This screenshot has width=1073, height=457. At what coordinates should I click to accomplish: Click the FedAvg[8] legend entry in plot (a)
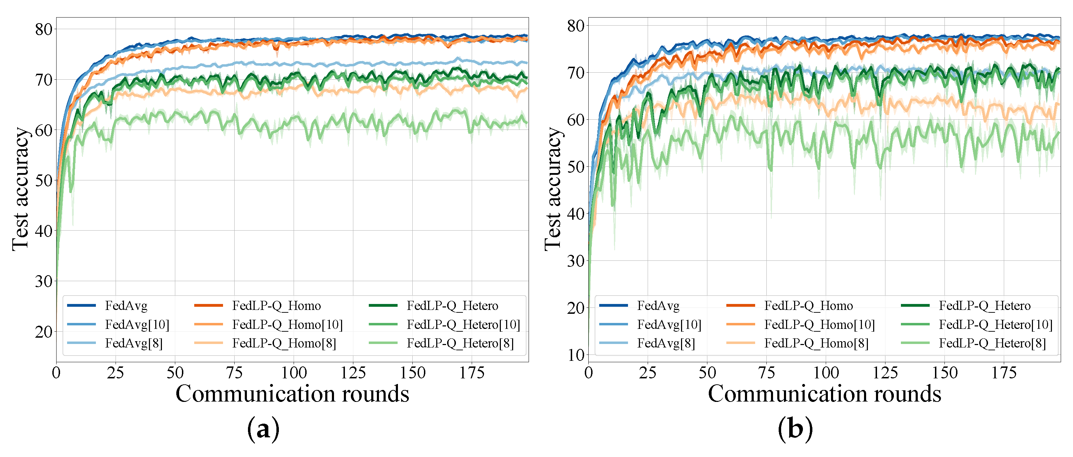(x=133, y=343)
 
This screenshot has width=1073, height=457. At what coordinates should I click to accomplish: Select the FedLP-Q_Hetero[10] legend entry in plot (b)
(x=995, y=325)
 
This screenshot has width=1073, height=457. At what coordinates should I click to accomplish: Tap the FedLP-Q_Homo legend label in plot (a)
(x=276, y=306)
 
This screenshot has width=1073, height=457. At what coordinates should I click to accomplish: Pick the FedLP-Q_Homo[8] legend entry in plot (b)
(x=816, y=343)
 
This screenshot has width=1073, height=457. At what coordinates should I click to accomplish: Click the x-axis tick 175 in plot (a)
(x=472, y=373)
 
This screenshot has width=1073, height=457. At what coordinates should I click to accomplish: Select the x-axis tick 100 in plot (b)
(x=826, y=373)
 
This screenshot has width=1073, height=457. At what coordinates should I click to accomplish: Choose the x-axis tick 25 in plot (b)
(x=648, y=373)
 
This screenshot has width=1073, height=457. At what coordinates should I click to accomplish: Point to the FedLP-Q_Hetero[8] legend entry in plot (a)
(x=460, y=343)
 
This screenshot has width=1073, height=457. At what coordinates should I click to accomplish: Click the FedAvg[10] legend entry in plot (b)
(x=669, y=325)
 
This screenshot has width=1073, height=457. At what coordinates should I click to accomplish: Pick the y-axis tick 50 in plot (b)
(x=576, y=167)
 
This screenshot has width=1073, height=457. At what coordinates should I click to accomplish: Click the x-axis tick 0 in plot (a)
(x=56, y=373)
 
